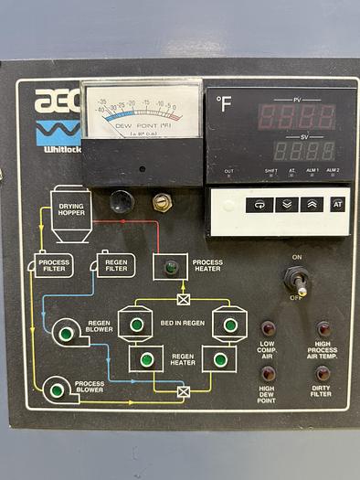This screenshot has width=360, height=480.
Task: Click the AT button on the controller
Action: click(x=337, y=205)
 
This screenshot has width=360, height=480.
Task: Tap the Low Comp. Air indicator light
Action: click(x=268, y=329)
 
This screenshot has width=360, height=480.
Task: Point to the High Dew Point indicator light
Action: click(x=268, y=374)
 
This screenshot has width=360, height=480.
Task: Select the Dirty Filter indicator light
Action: click(x=323, y=374)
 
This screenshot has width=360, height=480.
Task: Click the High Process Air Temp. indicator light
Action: click(x=323, y=329)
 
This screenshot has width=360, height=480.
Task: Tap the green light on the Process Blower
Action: click(x=57, y=390)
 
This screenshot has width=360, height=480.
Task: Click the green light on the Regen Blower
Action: click(x=66, y=334)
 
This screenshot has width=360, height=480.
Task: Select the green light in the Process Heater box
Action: click(x=171, y=267)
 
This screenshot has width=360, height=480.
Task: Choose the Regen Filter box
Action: click(x=115, y=265)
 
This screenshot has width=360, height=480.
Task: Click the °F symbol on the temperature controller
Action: click(x=225, y=103)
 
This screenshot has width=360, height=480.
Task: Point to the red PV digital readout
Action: click(x=296, y=116)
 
